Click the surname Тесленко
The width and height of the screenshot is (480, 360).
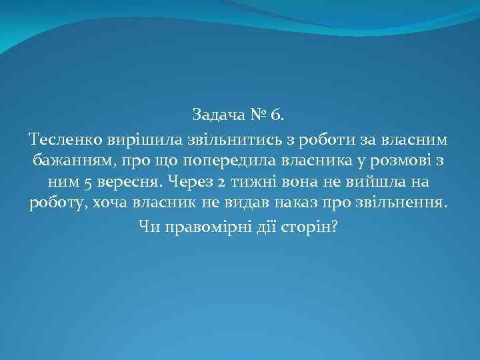63,139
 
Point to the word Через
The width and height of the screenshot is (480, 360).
194,182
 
